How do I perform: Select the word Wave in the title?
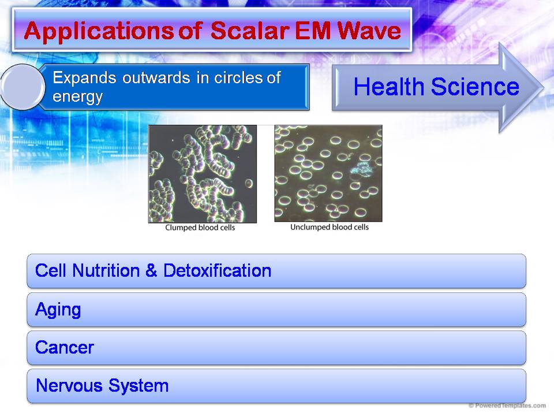(x=371, y=31)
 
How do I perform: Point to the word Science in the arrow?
(x=474, y=87)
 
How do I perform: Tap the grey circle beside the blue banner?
(x=23, y=87)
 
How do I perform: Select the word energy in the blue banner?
(x=77, y=96)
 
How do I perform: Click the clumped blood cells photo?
(x=203, y=173)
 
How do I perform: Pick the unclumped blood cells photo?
(x=328, y=173)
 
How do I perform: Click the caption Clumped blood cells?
(x=200, y=228)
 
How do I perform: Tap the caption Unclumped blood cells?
(x=329, y=227)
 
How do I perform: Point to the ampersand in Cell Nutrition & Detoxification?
(x=151, y=270)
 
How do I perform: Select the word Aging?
(x=58, y=310)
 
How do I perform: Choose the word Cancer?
(x=64, y=348)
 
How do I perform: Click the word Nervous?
(x=68, y=386)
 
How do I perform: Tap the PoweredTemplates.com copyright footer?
(x=507, y=406)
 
